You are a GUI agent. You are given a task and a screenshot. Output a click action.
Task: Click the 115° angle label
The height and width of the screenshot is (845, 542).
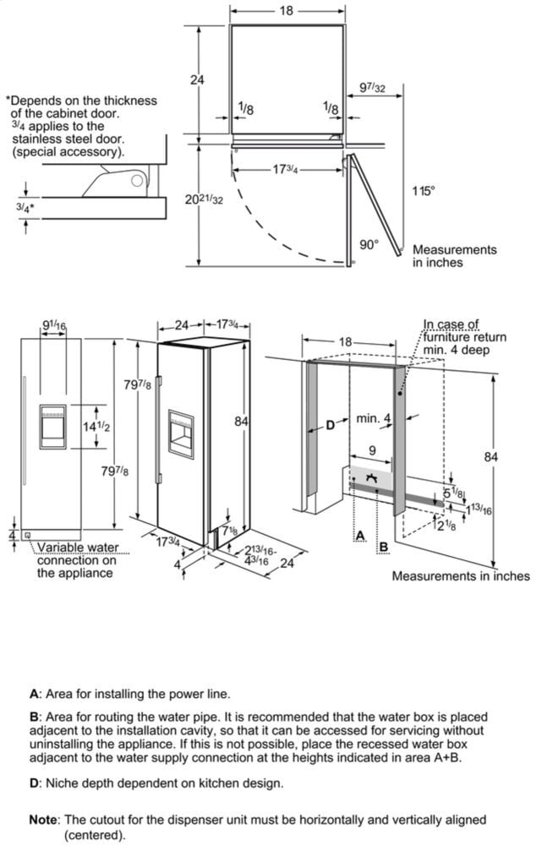424,191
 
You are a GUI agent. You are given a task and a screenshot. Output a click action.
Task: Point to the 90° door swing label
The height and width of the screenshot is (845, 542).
370,244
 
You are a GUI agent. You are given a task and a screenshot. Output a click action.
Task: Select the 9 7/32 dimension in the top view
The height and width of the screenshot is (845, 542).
372,87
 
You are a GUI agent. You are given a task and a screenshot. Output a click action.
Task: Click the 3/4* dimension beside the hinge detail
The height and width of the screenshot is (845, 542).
25,207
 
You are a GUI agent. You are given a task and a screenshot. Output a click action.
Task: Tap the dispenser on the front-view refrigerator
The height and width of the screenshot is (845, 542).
53,427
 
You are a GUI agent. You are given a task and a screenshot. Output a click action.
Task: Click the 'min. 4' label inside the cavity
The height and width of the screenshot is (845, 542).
374,418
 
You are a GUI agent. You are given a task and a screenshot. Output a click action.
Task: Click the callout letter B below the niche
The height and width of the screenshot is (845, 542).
384,547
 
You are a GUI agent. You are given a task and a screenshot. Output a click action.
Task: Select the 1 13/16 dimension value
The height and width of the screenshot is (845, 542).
479,509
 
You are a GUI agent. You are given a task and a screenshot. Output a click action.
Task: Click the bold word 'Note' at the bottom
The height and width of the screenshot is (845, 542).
44,820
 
